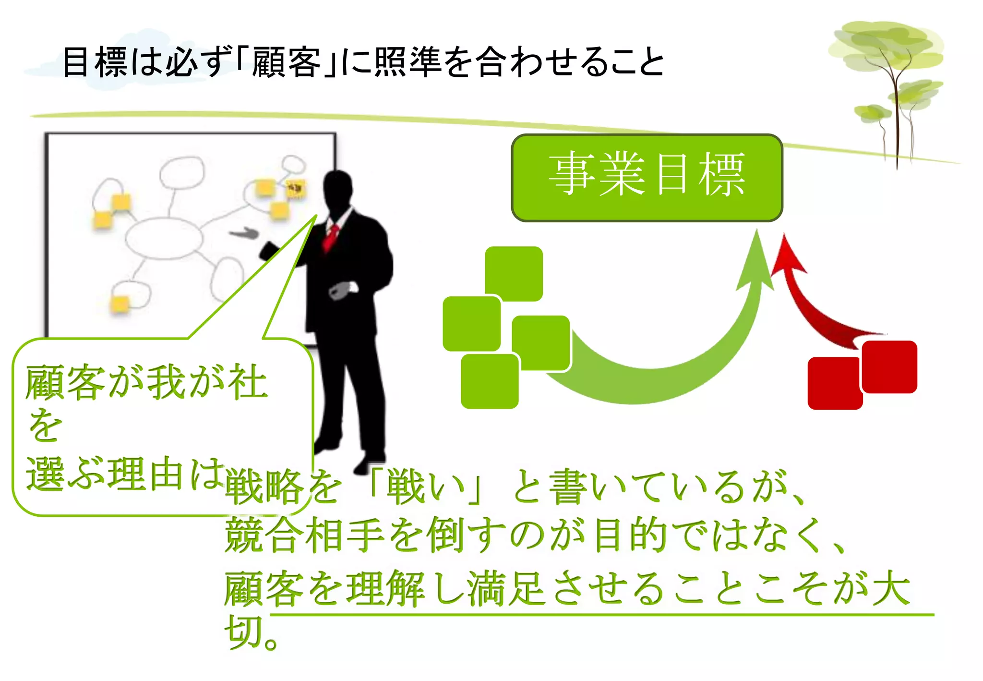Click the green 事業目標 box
[647, 178]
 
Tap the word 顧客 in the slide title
[286, 62]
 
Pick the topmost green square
[514, 273]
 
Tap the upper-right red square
[889, 366]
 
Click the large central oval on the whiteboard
[164, 238]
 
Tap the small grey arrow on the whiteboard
[245, 233]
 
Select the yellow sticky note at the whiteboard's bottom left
[120, 304]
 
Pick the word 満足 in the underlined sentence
[506, 588]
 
